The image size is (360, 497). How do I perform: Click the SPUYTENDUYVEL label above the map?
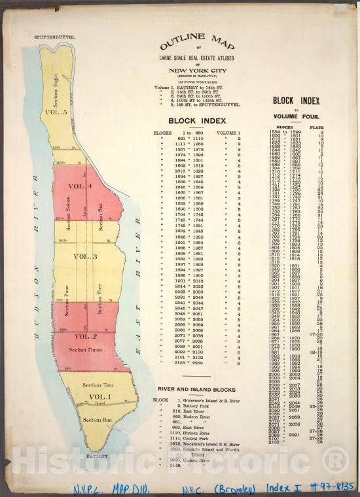[x=54, y=38]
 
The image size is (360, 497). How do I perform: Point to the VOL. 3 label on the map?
[x=85, y=256]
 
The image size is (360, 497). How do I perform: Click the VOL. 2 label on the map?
[x=85, y=336]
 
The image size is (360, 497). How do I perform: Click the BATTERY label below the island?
[x=96, y=456]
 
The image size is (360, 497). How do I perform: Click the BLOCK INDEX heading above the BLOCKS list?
[x=197, y=121]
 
